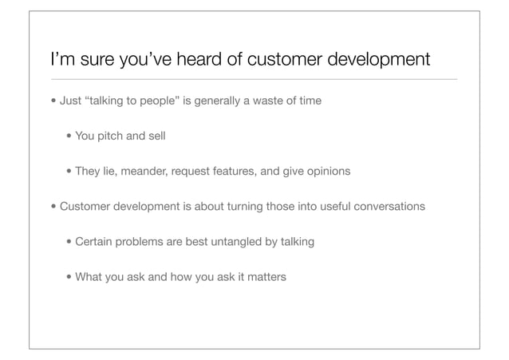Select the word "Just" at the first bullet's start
tap(71, 101)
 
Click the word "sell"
tap(156, 136)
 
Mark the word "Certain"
tap(94, 240)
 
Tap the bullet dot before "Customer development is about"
tap(53, 206)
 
